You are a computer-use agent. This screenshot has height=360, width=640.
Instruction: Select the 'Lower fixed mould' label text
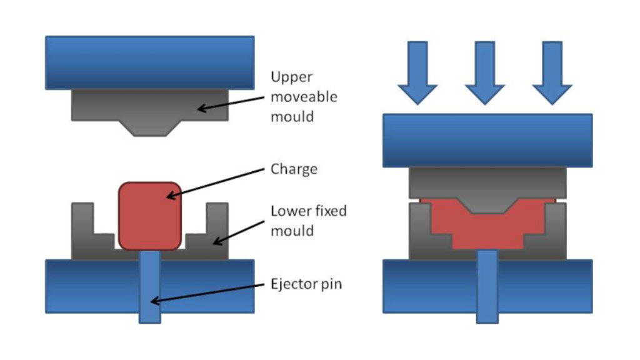pos(308,221)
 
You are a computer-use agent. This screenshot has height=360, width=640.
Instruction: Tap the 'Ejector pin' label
pos(306,284)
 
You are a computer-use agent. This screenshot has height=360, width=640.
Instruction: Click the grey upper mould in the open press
pos(150,106)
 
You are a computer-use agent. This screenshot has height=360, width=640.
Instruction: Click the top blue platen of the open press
pos(150,62)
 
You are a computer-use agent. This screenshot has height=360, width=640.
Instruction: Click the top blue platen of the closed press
pos(487,140)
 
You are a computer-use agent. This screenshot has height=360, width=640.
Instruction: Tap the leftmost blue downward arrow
pos(417,72)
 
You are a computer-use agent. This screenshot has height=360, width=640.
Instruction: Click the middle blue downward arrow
pos(485,72)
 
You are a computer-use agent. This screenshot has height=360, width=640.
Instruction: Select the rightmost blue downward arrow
pos(552,72)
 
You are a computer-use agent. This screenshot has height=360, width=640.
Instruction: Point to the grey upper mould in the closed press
pos(487,185)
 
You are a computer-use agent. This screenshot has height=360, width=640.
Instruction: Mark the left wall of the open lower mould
pos(82,228)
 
